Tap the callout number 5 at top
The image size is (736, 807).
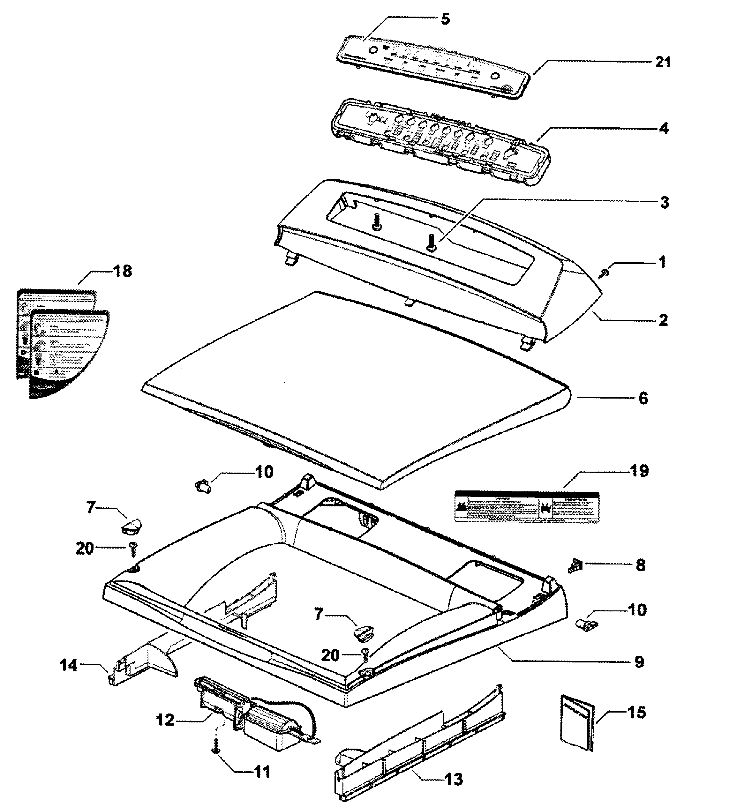445,19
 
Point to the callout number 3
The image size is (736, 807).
664,203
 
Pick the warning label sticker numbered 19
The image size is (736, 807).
527,506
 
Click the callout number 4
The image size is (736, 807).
664,129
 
